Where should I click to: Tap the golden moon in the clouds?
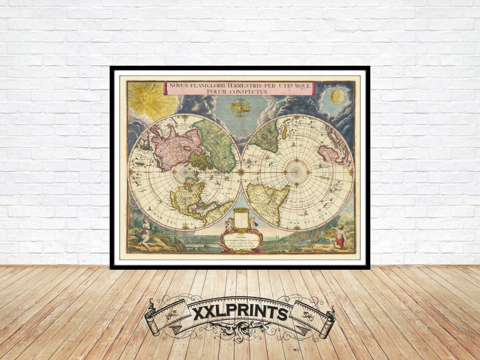pos(337,96)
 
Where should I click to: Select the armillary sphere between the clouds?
pos(240,108)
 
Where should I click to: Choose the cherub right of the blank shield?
pos(253,222)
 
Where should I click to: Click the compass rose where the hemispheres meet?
pos(241,172)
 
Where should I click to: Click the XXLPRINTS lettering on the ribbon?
pos(240,313)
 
